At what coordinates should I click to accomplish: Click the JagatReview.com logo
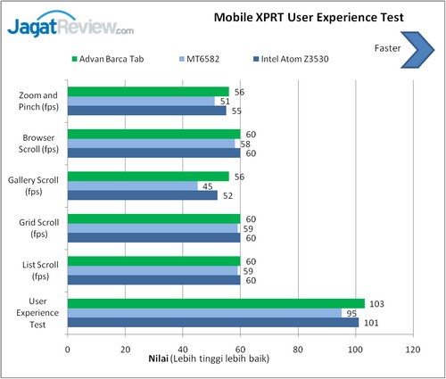[x=71, y=28]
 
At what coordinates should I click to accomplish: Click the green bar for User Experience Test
[x=215, y=303]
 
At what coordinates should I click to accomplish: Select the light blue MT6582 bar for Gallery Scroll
[x=132, y=185]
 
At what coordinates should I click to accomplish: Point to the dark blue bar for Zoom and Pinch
[x=146, y=111]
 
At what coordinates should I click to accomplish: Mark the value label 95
[x=351, y=313]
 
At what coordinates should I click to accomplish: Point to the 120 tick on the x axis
[x=410, y=349]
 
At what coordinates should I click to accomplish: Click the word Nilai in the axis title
[x=158, y=360]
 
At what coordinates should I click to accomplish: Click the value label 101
[x=369, y=323]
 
